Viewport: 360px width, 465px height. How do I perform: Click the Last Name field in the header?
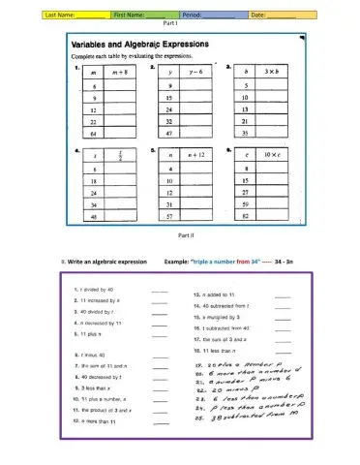(48, 15)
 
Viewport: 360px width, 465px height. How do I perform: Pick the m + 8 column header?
(121, 73)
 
